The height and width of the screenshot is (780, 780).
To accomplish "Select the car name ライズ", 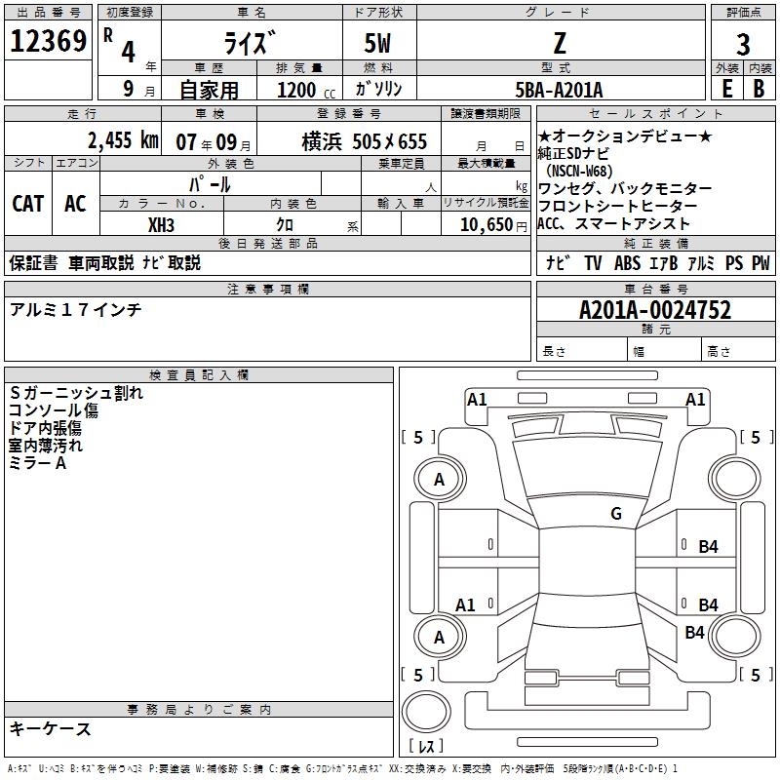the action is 252,43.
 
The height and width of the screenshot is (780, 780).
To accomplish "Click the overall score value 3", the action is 743,45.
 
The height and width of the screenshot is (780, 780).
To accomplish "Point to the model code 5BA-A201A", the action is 559,90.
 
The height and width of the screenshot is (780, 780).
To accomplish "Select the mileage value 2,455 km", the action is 122,140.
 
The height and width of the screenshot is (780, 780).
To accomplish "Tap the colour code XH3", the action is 161,224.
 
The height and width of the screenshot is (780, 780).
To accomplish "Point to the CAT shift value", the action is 27,203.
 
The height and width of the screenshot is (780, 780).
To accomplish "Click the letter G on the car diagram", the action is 615,514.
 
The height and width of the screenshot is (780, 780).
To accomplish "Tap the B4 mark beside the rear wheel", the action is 694,633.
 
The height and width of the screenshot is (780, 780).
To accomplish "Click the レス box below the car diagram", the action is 430,747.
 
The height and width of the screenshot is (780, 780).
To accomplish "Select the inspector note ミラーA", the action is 38,463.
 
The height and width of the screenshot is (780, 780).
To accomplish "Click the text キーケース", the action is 51,728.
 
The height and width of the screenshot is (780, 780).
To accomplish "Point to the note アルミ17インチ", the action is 75,309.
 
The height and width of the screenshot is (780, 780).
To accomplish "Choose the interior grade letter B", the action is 759,89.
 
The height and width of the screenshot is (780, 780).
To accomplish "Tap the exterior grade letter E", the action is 726,89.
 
